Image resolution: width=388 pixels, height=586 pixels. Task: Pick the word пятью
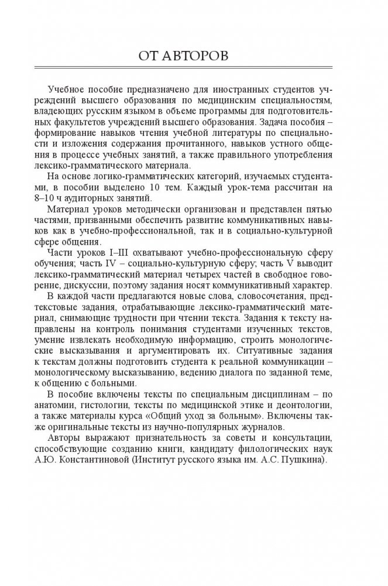coord(318,207)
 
